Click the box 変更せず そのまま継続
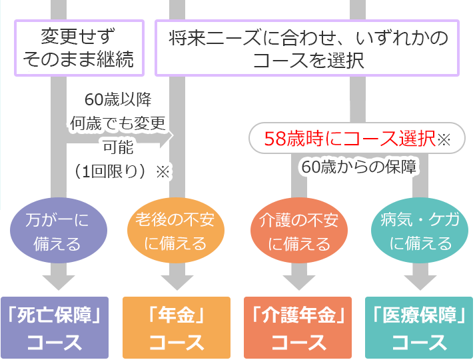coord(79,47)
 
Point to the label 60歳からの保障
coord(358,167)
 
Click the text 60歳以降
coord(118,100)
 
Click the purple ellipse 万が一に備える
coord(57,231)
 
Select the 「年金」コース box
coord(176,328)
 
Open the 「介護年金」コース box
coord(298,328)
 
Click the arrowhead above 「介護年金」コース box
coord(298,281)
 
